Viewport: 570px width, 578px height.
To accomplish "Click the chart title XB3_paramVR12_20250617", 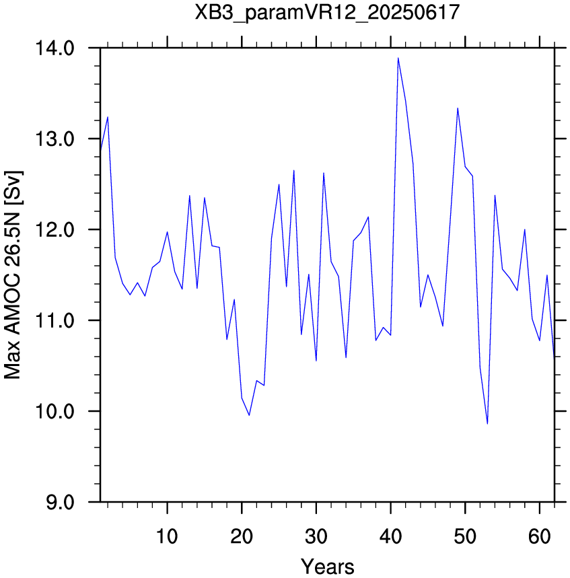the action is pyautogui.click(x=327, y=13).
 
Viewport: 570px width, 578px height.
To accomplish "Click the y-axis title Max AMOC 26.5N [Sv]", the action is pyautogui.click(x=13, y=275).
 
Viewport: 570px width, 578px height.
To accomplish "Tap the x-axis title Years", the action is pyautogui.click(x=327, y=566).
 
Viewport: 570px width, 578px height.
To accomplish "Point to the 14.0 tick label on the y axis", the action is pyautogui.click(x=55, y=48).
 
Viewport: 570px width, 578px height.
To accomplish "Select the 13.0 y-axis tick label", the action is pyautogui.click(x=55, y=139).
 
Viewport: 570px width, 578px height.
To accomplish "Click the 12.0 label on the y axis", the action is pyautogui.click(x=55, y=229).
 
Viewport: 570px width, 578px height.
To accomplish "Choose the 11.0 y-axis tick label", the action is pyautogui.click(x=55, y=320).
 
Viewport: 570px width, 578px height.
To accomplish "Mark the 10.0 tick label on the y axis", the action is pyautogui.click(x=55, y=411).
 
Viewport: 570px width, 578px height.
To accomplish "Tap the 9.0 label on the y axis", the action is pyautogui.click(x=60, y=502).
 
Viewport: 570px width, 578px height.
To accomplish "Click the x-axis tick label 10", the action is pyautogui.click(x=167, y=536).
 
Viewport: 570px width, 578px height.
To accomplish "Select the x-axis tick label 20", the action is pyautogui.click(x=242, y=536).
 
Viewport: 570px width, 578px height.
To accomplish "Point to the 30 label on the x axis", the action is pyautogui.click(x=316, y=536).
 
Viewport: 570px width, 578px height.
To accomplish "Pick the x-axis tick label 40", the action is pyautogui.click(x=390, y=536).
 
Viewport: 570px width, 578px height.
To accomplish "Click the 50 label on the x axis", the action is pyautogui.click(x=465, y=536).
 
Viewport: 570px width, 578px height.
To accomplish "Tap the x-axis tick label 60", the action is pyautogui.click(x=540, y=536).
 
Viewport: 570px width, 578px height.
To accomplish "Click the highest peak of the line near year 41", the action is pyautogui.click(x=398, y=58).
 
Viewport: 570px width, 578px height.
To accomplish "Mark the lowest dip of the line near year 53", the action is pyautogui.click(x=487, y=424).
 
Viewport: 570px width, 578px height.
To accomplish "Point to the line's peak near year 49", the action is pyautogui.click(x=458, y=108).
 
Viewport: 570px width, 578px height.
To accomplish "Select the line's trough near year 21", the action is pyautogui.click(x=249, y=415).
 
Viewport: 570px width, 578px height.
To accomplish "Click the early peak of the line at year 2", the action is pyautogui.click(x=108, y=117).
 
